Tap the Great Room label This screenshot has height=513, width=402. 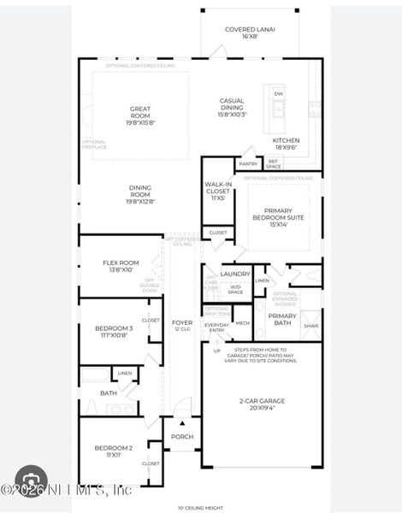(x=140, y=112)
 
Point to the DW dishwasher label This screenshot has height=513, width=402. (x=279, y=93)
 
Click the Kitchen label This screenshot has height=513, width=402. (x=286, y=144)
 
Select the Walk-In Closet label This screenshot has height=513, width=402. (x=218, y=191)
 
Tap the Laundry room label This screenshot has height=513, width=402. (x=235, y=274)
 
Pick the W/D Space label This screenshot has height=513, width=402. (x=235, y=290)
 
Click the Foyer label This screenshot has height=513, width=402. (x=182, y=325)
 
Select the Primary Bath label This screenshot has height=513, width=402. (x=282, y=319)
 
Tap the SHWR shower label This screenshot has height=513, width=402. (x=310, y=326)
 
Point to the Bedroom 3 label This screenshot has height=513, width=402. (x=114, y=332)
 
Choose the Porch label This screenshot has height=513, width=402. (x=182, y=437)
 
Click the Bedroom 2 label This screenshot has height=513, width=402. (x=113, y=451)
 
